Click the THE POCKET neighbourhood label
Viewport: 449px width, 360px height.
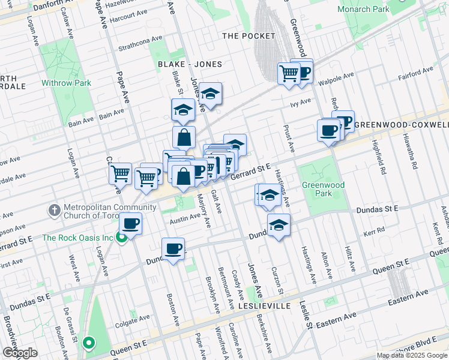(x=249, y=36)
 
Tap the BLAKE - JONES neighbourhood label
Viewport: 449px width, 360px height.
(x=190, y=64)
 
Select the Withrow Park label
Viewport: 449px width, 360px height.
(x=66, y=83)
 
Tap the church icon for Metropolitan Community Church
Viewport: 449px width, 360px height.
(x=54, y=211)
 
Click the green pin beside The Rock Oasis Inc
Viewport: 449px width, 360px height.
(x=121, y=237)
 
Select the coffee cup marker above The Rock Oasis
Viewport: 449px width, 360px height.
(x=130, y=224)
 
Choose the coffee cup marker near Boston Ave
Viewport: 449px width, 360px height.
(x=173, y=248)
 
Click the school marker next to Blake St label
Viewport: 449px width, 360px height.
(x=183, y=110)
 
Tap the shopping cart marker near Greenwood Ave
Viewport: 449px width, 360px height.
(x=289, y=73)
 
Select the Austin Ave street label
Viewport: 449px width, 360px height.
(x=184, y=220)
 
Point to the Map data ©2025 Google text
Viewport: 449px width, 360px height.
(x=411, y=355)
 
